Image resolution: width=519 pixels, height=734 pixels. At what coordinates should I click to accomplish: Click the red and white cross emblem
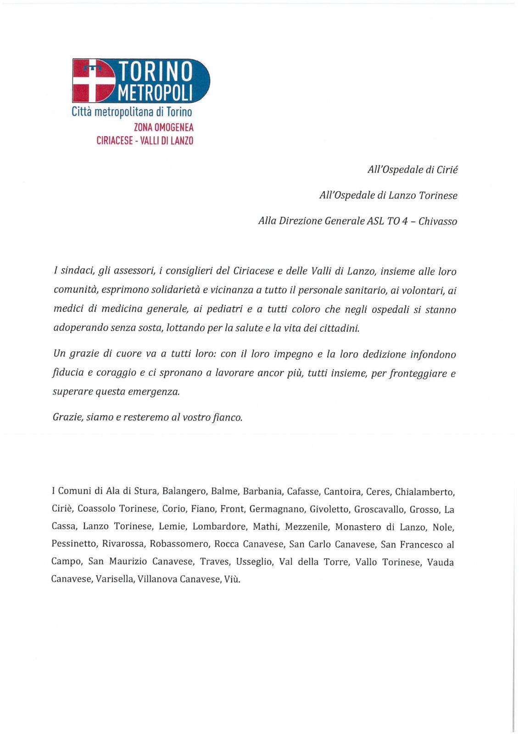[x=94, y=81]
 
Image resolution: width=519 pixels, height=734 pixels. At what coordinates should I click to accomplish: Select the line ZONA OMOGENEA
[x=163, y=127]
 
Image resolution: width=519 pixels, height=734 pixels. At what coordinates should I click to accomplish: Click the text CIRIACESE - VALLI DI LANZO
[x=145, y=140]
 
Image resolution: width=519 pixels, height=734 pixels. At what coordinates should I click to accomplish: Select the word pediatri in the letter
[x=224, y=309]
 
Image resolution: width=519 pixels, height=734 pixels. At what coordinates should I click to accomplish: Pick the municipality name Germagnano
[x=277, y=509]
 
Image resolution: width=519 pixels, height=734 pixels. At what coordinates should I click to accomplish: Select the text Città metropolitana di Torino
[x=132, y=111]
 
